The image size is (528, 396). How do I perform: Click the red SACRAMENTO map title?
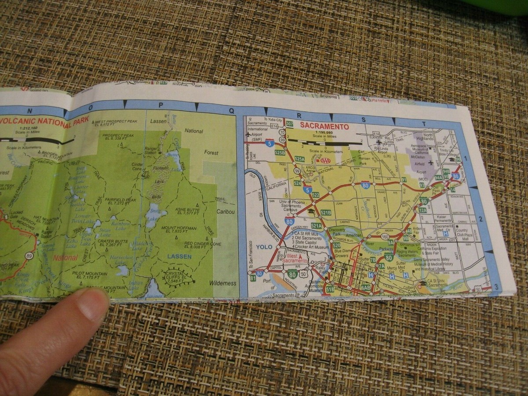[x=324, y=127]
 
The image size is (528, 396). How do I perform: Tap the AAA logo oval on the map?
[x=326, y=161]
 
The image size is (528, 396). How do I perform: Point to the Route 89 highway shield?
[x=29, y=256]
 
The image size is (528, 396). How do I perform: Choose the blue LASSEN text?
[x=179, y=257]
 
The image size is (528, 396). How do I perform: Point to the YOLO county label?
[x=264, y=247]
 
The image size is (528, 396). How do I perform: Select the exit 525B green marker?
[x=280, y=153]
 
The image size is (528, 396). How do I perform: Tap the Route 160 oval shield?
[x=385, y=236]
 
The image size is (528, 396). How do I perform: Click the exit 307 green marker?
[x=289, y=124]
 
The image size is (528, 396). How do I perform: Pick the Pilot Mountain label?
[x=89, y=276]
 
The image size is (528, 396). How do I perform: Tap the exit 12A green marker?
[x=422, y=210]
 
